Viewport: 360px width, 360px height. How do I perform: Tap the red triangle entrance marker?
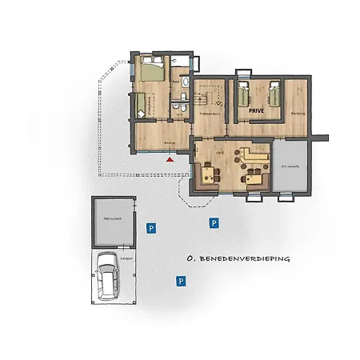point(170,159)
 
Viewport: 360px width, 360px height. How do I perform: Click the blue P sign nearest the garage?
point(150,229)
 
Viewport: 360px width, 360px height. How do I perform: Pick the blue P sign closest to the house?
point(213,222)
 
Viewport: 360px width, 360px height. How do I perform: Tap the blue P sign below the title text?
point(182,281)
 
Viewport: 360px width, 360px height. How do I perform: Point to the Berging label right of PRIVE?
point(297,114)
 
